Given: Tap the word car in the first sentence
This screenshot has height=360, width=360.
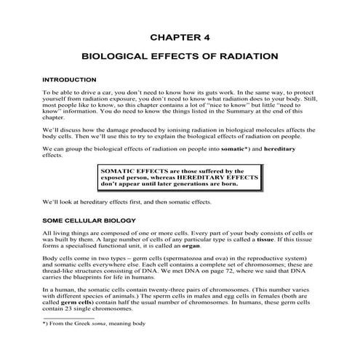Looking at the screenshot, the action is (x=101, y=93).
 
